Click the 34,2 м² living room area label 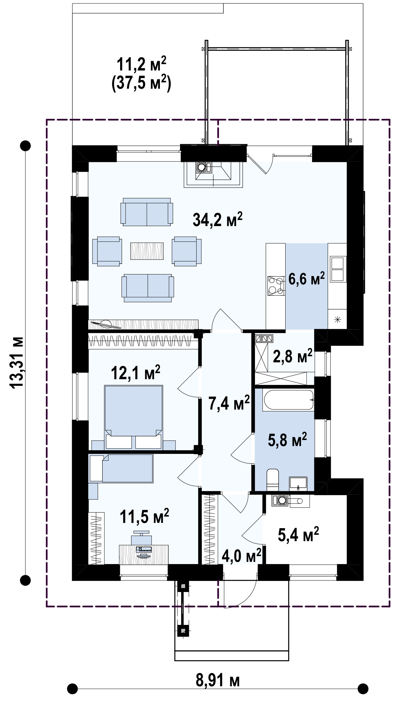tap(217, 219)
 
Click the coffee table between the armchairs tap(147, 251)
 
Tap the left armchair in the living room tap(107, 251)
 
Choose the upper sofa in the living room tap(147, 212)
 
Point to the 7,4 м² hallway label tap(229, 403)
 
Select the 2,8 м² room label tap(292, 356)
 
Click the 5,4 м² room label tap(298, 535)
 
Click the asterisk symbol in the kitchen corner tap(337, 320)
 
